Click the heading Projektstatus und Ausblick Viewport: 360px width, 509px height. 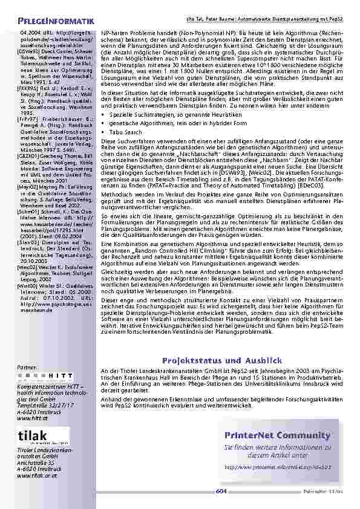coord(223,361)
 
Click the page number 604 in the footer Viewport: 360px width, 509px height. coord(221,491)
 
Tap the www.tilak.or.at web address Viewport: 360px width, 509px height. coord(33,476)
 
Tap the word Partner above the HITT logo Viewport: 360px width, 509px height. coord(28,367)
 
